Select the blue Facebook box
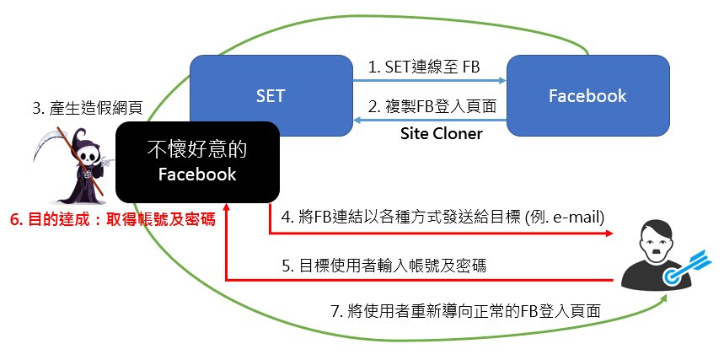(587, 95)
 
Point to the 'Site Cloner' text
(441, 134)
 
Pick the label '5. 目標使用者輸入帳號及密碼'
(395, 266)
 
